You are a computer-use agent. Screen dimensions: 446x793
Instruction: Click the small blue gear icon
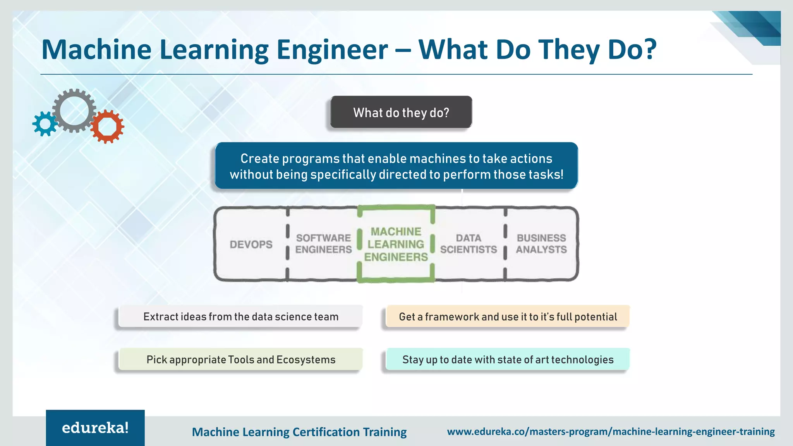coord(45,124)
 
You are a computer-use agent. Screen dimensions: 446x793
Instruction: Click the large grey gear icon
coord(74,111)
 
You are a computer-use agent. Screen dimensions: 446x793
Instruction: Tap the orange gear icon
coord(107,127)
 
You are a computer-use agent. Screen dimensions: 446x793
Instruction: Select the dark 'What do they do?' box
coord(401,112)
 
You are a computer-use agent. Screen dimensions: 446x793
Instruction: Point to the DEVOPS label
coord(251,244)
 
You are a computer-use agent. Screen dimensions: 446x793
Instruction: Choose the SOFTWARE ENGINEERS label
coord(323,244)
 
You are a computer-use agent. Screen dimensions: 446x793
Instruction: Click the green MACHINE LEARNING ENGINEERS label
coord(396,244)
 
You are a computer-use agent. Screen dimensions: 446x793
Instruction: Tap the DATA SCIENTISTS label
coord(469,244)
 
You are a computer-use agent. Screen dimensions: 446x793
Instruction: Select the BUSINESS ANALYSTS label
coord(541,244)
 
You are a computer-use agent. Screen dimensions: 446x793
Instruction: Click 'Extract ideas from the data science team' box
coord(240,317)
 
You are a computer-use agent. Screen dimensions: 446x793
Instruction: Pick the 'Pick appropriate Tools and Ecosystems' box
coord(240,360)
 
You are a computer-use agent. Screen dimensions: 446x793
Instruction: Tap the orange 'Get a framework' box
coord(508,317)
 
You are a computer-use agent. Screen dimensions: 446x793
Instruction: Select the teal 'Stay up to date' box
coord(508,360)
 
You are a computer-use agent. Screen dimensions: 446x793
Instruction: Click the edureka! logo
coord(95,428)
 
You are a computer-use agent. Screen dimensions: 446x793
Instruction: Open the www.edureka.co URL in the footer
coord(611,431)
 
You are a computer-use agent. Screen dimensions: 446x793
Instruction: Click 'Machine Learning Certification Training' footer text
coord(299,432)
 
